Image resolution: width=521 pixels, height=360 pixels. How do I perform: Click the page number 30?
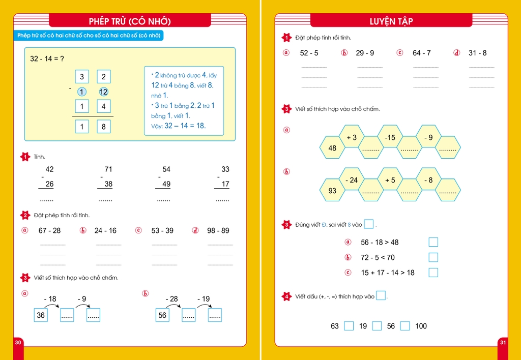pyautogui.click(x=18, y=342)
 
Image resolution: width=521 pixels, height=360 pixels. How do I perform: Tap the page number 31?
pyautogui.click(x=503, y=342)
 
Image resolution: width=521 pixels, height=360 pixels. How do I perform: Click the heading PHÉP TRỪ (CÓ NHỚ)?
pyautogui.click(x=130, y=21)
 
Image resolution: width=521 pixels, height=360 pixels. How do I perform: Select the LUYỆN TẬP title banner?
pyautogui.click(x=391, y=21)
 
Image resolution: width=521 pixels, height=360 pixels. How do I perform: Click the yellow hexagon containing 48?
pyautogui.click(x=332, y=148)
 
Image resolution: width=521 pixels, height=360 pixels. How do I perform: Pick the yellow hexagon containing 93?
pyautogui.click(x=332, y=191)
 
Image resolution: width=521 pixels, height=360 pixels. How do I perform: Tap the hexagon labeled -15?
pyautogui.click(x=390, y=137)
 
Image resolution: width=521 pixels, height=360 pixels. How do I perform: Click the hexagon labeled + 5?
pyautogui.click(x=390, y=180)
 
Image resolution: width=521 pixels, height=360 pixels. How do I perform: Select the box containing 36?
pyautogui.click(x=41, y=315)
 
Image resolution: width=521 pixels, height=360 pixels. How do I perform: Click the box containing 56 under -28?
pyautogui.click(x=162, y=315)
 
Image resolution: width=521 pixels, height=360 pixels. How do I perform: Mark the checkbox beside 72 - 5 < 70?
pyautogui.click(x=433, y=257)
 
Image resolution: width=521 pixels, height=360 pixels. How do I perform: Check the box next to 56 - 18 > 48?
pyautogui.click(x=433, y=242)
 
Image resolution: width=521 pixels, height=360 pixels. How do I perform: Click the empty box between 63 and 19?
pyautogui.click(x=349, y=326)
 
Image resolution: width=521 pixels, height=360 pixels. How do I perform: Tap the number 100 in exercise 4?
pyautogui.click(x=421, y=326)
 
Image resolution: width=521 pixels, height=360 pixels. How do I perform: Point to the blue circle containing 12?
pyautogui.click(x=104, y=92)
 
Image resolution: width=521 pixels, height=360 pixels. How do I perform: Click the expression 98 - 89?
pyautogui.click(x=218, y=230)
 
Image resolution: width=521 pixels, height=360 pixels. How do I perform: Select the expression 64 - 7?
pyautogui.click(x=422, y=53)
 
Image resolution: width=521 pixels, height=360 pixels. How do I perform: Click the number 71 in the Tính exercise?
pyautogui.click(x=108, y=169)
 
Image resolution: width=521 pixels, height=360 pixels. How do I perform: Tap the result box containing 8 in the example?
pyautogui.click(x=104, y=127)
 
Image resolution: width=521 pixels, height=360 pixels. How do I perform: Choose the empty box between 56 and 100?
pyautogui.click(x=404, y=326)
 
